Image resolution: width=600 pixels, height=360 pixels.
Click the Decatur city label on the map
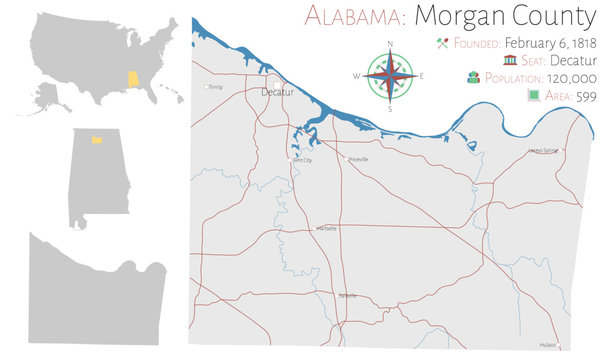276,91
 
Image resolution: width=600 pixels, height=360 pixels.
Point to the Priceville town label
357,159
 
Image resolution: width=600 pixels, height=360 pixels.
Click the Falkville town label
348,296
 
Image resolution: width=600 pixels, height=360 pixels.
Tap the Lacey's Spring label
544,151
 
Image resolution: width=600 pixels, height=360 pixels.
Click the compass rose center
389,75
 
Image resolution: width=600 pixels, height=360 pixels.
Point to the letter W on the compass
356,76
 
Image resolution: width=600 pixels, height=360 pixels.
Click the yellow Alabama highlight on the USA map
128,78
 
